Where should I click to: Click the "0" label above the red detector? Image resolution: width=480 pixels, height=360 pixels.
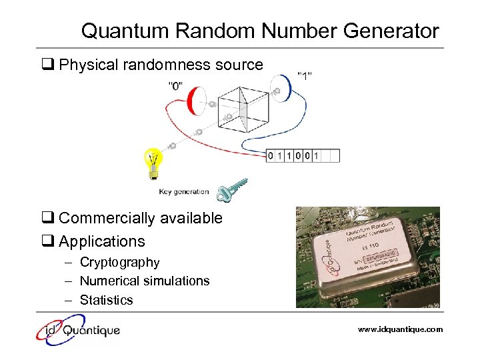(x=177, y=85)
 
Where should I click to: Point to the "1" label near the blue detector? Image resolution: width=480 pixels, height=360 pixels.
(x=305, y=75)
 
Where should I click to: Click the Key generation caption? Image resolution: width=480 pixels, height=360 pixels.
(x=183, y=192)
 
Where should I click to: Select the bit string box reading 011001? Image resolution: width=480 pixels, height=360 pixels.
(x=303, y=156)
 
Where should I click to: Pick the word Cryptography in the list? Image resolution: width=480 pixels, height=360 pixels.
(x=120, y=263)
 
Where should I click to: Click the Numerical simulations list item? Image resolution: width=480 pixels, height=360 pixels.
(x=145, y=281)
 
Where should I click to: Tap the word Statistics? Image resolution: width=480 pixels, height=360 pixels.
(x=107, y=300)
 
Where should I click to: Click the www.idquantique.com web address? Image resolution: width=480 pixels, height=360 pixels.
(x=400, y=329)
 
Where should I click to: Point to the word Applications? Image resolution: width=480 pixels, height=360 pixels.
(x=102, y=241)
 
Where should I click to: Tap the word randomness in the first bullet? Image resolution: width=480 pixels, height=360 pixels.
(x=159, y=65)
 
